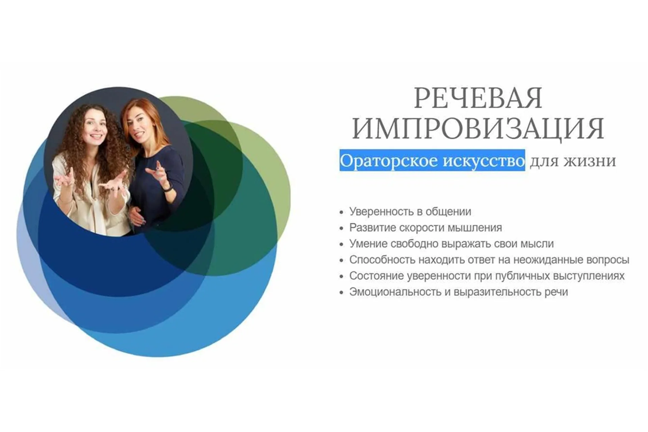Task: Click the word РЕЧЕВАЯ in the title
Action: (x=478, y=98)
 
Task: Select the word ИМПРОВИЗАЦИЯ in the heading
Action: (x=478, y=129)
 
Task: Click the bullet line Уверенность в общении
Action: (x=410, y=212)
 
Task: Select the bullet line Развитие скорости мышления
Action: (x=425, y=228)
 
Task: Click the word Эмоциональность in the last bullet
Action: (x=395, y=292)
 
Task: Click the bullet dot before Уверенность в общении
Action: (x=342, y=212)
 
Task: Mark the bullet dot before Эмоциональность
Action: (x=342, y=292)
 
